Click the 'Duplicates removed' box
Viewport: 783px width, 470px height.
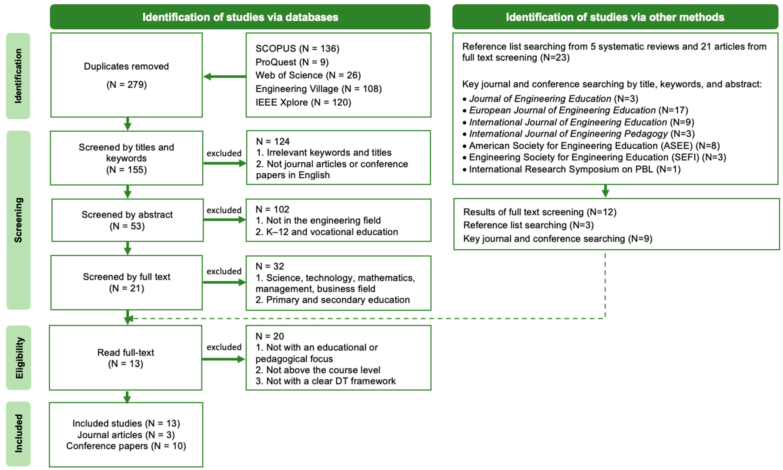click(126, 75)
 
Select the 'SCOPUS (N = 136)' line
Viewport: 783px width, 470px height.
click(297, 48)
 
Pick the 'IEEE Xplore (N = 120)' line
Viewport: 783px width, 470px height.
click(303, 102)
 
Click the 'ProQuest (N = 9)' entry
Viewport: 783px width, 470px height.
click(292, 62)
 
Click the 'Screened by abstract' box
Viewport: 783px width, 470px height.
click(127, 220)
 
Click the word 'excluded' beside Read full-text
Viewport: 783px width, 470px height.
click(224, 347)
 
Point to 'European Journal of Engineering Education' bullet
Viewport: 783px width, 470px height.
click(578, 110)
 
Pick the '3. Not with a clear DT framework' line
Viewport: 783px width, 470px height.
click(325, 381)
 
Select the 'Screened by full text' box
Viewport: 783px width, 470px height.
click(126, 282)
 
